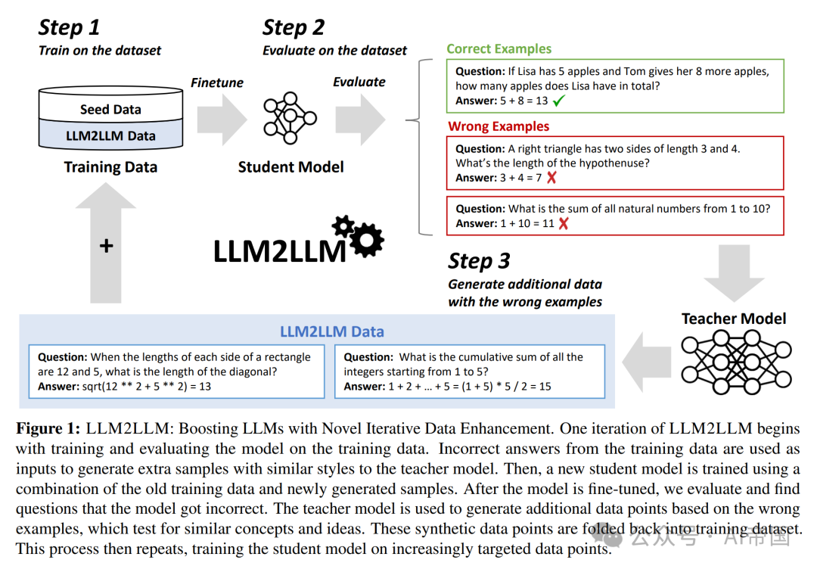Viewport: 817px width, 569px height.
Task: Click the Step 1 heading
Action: (69, 28)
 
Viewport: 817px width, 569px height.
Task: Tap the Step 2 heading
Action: (294, 28)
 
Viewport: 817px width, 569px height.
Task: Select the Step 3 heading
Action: (479, 261)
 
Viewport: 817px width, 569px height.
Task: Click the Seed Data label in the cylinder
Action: (110, 110)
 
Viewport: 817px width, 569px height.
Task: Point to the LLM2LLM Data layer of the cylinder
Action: (110, 136)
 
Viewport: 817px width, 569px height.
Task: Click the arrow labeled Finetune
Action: (221, 118)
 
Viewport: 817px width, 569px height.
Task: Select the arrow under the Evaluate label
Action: (360, 118)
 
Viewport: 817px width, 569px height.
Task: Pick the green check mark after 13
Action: (559, 100)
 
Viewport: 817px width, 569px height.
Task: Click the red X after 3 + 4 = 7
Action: (551, 178)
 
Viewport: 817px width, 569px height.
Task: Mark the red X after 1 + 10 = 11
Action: (563, 223)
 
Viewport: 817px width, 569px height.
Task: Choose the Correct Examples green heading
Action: (499, 49)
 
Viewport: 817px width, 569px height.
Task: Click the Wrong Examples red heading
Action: (498, 126)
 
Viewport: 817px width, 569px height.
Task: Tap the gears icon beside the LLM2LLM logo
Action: (359, 234)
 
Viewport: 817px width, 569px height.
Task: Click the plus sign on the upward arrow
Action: (106, 246)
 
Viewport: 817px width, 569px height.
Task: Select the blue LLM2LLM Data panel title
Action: (332, 331)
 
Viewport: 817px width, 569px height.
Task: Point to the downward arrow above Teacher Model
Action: (734, 276)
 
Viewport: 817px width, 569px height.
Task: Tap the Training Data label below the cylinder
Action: (110, 167)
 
